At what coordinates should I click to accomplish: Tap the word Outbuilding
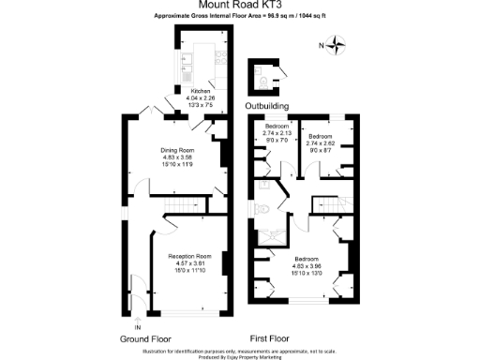pyautogui.click(x=267, y=106)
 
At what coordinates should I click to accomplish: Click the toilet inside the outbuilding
pyautogui.click(x=269, y=77)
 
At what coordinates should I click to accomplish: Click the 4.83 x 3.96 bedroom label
pyautogui.click(x=307, y=264)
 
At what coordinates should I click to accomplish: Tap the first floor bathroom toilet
pyautogui.click(x=265, y=210)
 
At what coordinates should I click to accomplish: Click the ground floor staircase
pyautogui.click(x=177, y=208)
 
